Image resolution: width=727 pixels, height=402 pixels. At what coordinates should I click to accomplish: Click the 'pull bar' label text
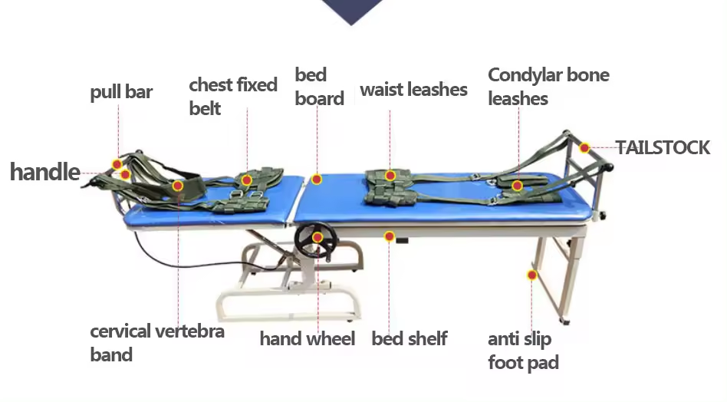pyautogui.click(x=121, y=93)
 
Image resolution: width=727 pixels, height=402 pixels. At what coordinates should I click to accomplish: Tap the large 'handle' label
pyautogui.click(x=44, y=171)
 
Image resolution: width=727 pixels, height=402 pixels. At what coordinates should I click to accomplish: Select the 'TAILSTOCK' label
pyautogui.click(x=663, y=147)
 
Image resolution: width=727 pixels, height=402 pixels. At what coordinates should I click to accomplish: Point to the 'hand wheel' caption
pyautogui.click(x=307, y=338)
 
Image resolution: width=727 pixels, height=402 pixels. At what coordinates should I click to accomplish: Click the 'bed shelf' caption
pyautogui.click(x=410, y=338)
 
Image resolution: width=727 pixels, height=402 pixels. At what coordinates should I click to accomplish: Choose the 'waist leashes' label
pyautogui.click(x=413, y=90)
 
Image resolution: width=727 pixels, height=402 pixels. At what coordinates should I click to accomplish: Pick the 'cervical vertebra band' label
pyautogui.click(x=157, y=343)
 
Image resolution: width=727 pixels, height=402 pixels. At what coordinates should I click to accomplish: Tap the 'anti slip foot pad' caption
pyautogui.click(x=523, y=350)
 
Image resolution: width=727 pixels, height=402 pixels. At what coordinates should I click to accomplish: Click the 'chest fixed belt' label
pyautogui.click(x=233, y=96)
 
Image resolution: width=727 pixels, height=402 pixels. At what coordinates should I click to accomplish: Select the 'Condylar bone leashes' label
pyautogui.click(x=548, y=87)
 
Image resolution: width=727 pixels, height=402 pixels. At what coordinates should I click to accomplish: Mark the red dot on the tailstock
pyautogui.click(x=584, y=147)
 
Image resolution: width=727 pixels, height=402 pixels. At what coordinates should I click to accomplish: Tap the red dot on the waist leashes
pyautogui.click(x=390, y=176)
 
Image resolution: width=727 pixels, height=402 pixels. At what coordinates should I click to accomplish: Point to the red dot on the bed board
pyautogui.click(x=316, y=180)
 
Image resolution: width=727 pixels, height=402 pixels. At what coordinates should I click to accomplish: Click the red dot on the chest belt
pyautogui.click(x=246, y=180)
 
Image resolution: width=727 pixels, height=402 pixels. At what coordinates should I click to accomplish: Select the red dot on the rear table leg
pyautogui.click(x=531, y=274)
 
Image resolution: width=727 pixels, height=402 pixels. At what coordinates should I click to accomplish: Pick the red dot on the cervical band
pyautogui.click(x=178, y=186)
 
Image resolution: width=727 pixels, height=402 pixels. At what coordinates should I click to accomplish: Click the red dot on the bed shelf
pyautogui.click(x=390, y=236)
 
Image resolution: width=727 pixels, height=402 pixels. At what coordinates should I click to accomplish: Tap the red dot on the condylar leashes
pyautogui.click(x=518, y=185)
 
